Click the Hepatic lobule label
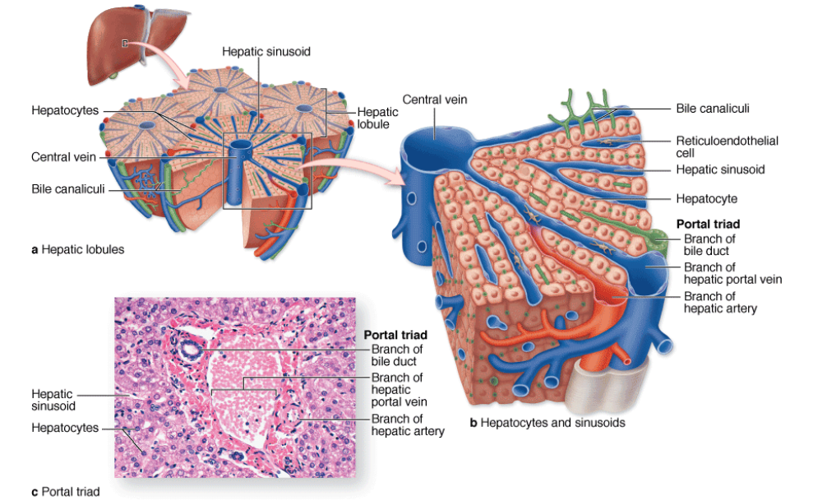372,118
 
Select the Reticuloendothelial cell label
727,146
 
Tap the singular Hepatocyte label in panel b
706,198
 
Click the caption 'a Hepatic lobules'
77,249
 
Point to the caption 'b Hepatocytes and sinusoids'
547,423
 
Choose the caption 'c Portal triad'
65,492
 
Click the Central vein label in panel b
434,100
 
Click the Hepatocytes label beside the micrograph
64,428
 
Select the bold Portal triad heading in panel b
708,224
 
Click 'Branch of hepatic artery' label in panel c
408,424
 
